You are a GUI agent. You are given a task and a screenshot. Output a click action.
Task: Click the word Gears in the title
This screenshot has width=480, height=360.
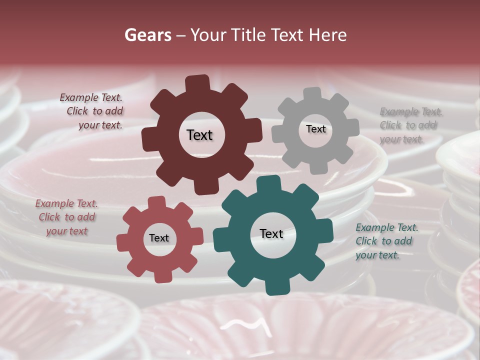click(147, 35)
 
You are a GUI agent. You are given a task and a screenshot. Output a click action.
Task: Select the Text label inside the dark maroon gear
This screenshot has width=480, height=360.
click(199, 135)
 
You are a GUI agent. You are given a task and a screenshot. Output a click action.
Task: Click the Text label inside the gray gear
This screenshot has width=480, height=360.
click(315, 129)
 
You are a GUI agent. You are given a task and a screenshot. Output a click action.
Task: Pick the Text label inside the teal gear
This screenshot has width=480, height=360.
click(271, 233)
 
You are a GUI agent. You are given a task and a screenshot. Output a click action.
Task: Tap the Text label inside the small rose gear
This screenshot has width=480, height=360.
click(159, 238)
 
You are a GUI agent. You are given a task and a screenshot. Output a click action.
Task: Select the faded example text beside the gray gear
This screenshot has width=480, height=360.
click(410, 125)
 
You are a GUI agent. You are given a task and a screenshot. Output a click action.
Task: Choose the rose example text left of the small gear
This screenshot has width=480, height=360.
click(66, 217)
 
